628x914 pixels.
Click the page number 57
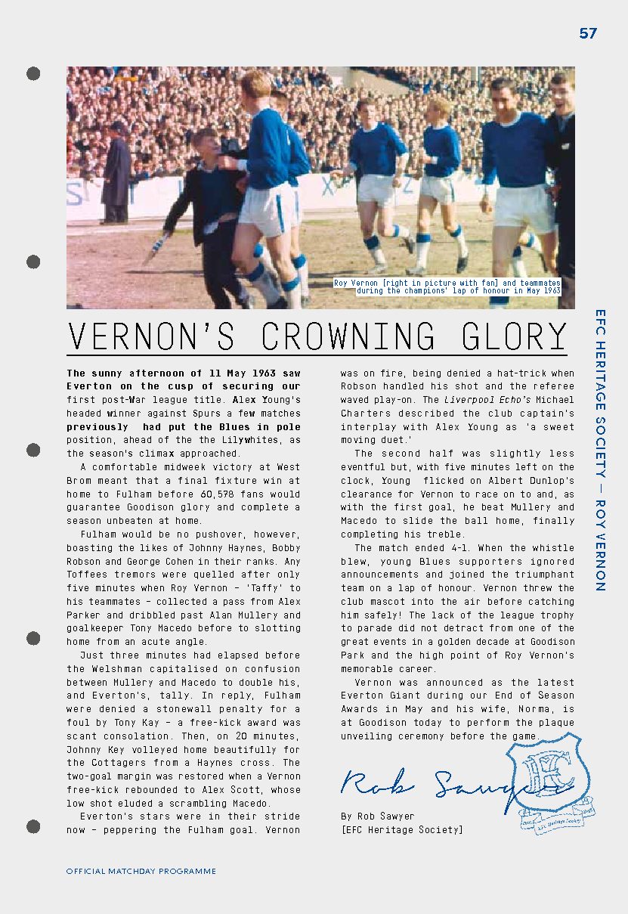tap(588, 33)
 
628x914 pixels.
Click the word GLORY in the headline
tap(515, 336)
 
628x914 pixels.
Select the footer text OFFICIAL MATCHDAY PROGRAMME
tap(141, 871)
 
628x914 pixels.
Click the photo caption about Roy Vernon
tap(448, 287)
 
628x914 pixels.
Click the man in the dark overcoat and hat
tap(116, 174)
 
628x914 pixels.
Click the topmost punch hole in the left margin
tap(33, 73)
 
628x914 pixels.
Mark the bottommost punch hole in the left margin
tap(33, 826)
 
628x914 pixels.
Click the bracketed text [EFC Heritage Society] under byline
tap(401, 830)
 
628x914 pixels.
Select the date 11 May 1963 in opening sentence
tap(238, 373)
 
